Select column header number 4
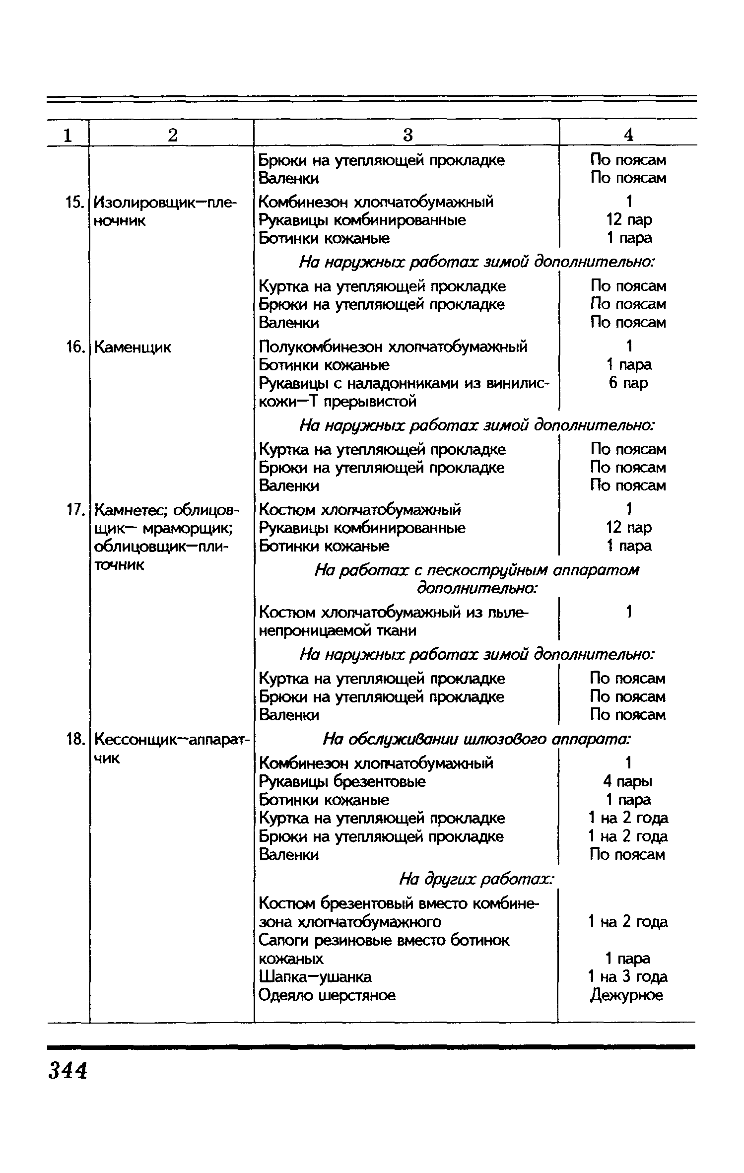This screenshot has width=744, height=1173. pyautogui.click(x=628, y=135)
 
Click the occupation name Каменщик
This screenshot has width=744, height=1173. pyautogui.click(x=133, y=347)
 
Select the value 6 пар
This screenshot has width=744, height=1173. pyautogui.click(x=628, y=383)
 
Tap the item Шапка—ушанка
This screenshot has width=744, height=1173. pyautogui.click(x=315, y=976)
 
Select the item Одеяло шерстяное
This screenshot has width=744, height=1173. pyautogui.click(x=328, y=995)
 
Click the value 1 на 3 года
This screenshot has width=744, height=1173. pyautogui.click(x=627, y=976)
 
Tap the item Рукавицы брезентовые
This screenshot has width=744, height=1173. pyautogui.click(x=342, y=781)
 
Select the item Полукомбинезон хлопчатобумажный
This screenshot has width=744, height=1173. pyautogui.click(x=393, y=346)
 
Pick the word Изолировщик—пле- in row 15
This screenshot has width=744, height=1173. pyautogui.click(x=166, y=202)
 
